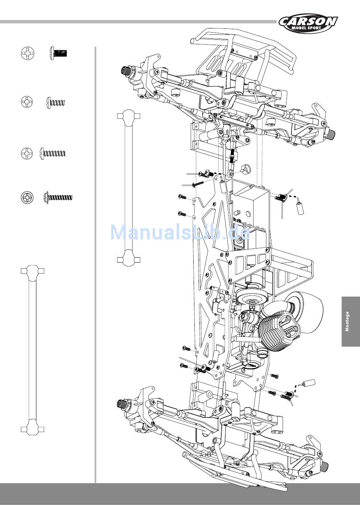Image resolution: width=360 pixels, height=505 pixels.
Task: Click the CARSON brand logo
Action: tap(308, 23)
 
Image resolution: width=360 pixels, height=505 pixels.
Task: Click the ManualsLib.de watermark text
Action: tap(180, 233)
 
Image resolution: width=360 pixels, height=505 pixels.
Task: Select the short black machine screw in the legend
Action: tap(58, 53)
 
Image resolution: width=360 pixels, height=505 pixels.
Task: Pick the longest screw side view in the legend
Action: tap(58, 198)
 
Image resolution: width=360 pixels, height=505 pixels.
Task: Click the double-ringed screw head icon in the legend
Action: tap(27, 197)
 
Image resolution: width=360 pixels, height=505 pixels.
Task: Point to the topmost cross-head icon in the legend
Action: tap(28, 53)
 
